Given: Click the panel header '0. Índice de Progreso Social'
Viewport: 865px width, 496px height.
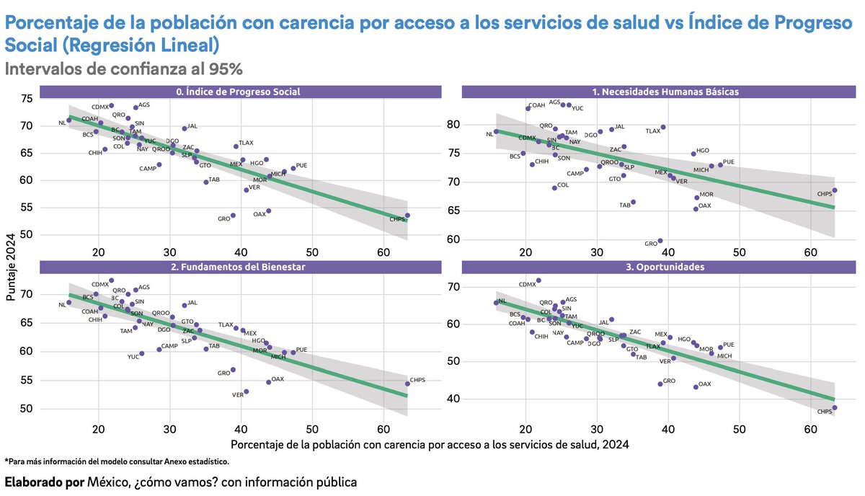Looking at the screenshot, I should [238, 92].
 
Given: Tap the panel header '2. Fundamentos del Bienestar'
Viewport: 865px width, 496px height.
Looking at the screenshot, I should [238, 267].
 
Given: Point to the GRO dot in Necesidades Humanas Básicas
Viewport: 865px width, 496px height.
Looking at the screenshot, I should [660, 241].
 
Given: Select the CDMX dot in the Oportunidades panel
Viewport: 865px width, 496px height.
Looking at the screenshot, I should [538, 280].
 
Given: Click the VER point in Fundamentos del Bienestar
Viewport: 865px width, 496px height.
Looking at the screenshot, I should [247, 391].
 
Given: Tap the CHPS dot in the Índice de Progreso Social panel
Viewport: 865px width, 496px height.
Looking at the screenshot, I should [407, 215].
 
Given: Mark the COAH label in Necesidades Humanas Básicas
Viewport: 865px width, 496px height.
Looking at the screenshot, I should [537, 106].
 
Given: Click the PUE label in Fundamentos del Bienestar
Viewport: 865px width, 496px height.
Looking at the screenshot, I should [301, 350].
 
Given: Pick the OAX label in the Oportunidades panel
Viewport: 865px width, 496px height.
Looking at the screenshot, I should [704, 384].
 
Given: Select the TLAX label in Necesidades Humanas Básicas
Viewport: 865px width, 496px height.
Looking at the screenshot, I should [652, 131].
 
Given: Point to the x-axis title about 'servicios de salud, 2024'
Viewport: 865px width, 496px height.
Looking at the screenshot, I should [430, 444].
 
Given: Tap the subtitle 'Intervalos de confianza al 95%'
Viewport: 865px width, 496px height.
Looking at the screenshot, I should [123, 69].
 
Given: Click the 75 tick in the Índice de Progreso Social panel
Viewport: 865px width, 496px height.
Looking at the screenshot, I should [26, 99].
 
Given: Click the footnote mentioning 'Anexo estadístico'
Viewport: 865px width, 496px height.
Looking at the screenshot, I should [117, 461].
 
